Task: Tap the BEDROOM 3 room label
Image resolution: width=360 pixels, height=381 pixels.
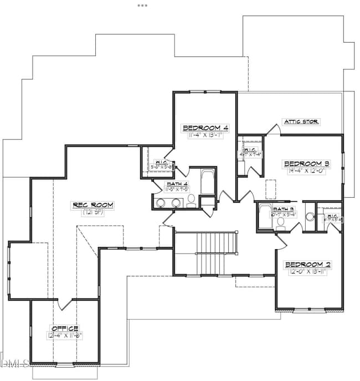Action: point(306,164)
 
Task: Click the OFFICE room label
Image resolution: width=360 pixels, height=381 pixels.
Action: point(65,328)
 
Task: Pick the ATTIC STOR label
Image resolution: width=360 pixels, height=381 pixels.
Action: point(301,121)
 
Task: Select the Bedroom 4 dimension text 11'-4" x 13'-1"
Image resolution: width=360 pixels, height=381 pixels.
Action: point(205,135)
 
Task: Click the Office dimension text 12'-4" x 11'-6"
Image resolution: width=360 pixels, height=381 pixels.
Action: point(65,335)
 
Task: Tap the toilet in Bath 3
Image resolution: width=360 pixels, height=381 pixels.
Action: point(281,222)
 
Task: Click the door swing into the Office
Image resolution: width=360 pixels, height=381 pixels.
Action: point(65,304)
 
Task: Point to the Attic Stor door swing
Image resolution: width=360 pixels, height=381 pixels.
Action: point(272,128)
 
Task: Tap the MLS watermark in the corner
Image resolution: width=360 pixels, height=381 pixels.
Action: point(16,363)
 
